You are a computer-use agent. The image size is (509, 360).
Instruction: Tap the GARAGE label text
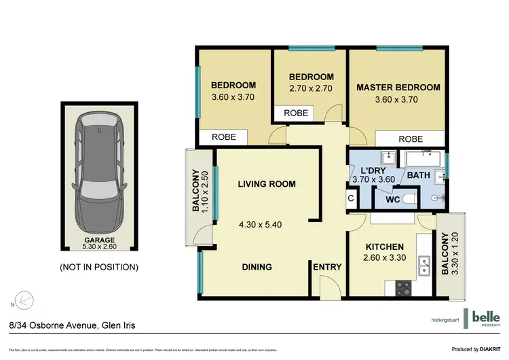click(x=99, y=240)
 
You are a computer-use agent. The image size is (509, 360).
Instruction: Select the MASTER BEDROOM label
click(x=398, y=88)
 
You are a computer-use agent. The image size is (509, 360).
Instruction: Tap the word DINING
click(x=257, y=267)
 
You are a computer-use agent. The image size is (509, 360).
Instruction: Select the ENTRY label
click(x=327, y=267)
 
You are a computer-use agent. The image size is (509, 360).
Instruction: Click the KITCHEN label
click(x=385, y=247)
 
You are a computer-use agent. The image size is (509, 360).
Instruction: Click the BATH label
click(x=418, y=175)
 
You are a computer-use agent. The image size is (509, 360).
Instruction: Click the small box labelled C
click(x=351, y=198)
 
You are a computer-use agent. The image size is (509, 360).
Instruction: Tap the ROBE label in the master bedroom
click(x=411, y=139)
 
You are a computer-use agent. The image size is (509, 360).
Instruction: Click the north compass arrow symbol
click(x=24, y=299)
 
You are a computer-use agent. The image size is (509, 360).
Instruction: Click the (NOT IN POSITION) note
click(x=99, y=267)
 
